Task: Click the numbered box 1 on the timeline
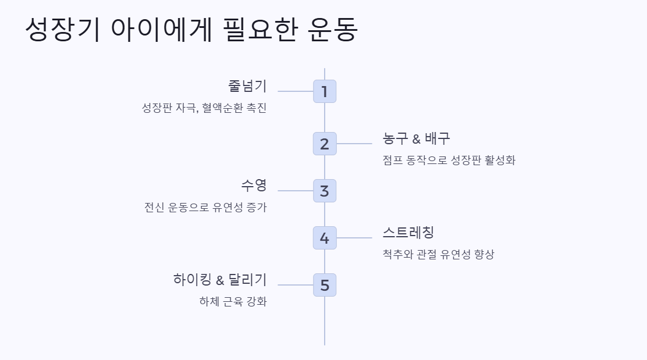coord(325,91)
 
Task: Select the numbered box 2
coord(325,144)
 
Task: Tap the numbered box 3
coord(325,191)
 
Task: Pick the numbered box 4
coord(325,238)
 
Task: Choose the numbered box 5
coord(325,285)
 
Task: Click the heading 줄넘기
coord(247,86)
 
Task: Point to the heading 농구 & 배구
coord(417,138)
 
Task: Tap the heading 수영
coord(254,186)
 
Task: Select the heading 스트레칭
coord(408,233)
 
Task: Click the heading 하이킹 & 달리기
coord(220,280)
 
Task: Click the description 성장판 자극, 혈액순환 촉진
coord(204,108)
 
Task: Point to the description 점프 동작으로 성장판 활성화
coord(449,161)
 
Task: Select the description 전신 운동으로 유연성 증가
coord(205,208)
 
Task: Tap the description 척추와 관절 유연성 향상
coord(438,255)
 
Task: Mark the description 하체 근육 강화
coord(233,302)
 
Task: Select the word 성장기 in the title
coord(61,30)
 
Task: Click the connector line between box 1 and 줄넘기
coord(296,91)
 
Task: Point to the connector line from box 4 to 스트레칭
coord(354,238)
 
